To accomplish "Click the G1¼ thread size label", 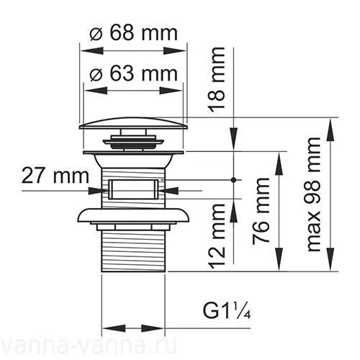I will tap(225, 312).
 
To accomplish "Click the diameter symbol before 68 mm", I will tap(99, 33).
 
